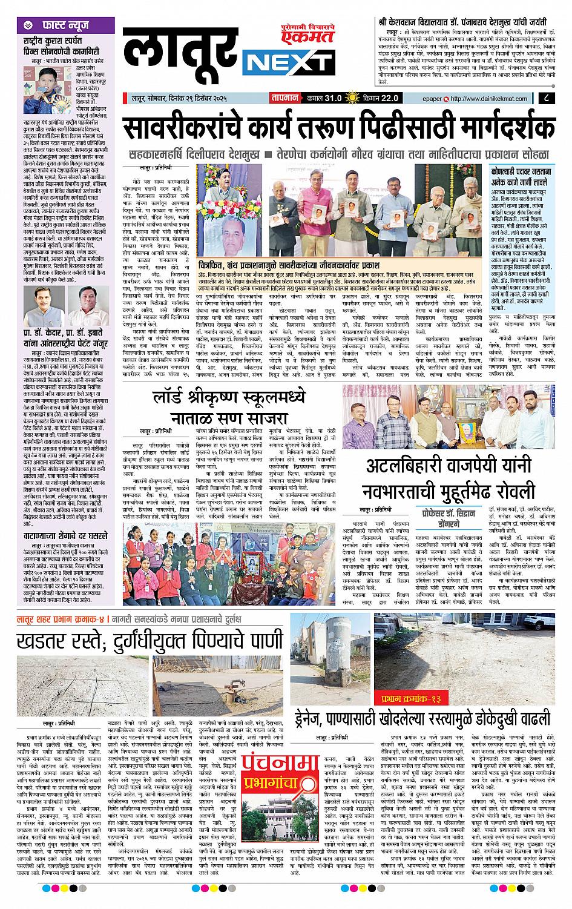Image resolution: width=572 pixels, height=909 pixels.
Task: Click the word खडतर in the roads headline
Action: click(x=47, y=640)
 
